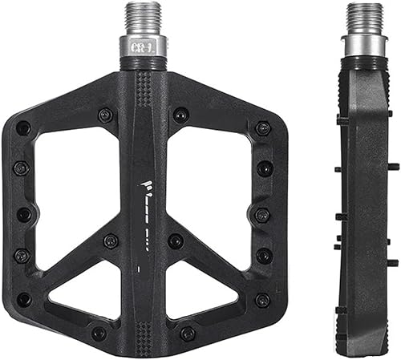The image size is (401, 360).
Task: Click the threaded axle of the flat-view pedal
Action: pyautogui.click(x=145, y=17)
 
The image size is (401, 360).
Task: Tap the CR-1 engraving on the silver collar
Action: pyautogui.click(x=145, y=46)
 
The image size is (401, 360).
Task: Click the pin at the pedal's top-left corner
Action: pyautogui.click(x=23, y=127)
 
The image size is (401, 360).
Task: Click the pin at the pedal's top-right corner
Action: pyautogui.click(x=262, y=127)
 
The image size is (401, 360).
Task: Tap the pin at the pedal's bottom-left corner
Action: pyautogui.click(x=24, y=299)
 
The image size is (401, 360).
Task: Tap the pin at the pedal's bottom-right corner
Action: pyautogui.click(x=262, y=299)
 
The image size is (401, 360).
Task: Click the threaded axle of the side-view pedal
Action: pyautogui.click(x=364, y=17)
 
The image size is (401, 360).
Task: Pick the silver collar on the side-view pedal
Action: pyautogui.click(x=364, y=45)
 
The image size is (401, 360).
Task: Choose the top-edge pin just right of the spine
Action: pyautogui.click(x=182, y=115)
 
